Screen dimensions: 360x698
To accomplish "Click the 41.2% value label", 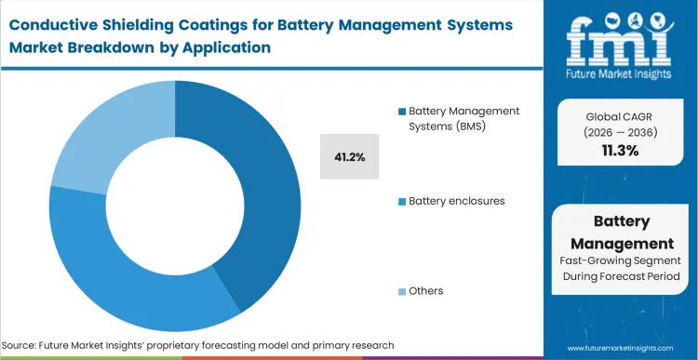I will (x=349, y=159).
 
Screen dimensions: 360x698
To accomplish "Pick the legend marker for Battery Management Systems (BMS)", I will (x=402, y=112).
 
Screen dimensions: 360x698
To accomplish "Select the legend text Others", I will (x=426, y=290).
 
